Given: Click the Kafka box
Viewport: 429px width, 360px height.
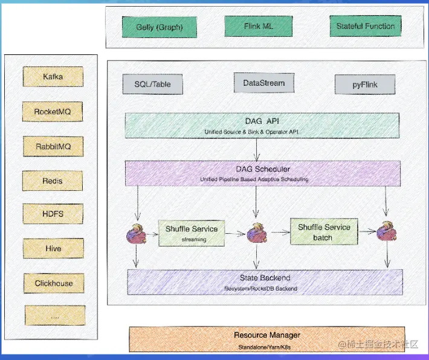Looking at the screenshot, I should [x=53, y=77].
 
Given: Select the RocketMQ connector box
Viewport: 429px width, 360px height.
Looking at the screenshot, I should [x=53, y=112].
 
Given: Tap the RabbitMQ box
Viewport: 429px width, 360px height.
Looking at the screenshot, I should [x=53, y=146].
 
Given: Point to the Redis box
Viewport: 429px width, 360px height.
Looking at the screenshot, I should [x=53, y=181].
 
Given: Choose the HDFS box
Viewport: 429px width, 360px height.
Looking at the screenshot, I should [x=53, y=214].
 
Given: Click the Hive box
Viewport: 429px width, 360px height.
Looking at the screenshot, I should [x=53, y=248].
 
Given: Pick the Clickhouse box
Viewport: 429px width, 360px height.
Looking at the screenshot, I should [x=53, y=283].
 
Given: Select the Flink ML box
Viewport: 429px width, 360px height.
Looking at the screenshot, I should [x=259, y=27].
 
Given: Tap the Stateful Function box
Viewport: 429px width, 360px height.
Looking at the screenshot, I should [x=366, y=26].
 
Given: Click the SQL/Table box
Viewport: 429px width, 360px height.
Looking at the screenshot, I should [x=152, y=84].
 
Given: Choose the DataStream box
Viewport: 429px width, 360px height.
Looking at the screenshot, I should [x=263, y=83].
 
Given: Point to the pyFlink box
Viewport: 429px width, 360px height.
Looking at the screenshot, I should [x=365, y=85].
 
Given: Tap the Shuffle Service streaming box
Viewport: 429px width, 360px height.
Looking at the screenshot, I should [x=192, y=233].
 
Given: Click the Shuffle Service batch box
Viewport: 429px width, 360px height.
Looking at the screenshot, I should [x=323, y=232].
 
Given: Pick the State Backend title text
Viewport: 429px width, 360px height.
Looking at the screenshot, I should [x=266, y=278].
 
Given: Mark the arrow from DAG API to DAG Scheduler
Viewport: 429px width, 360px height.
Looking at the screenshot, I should [x=257, y=149].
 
